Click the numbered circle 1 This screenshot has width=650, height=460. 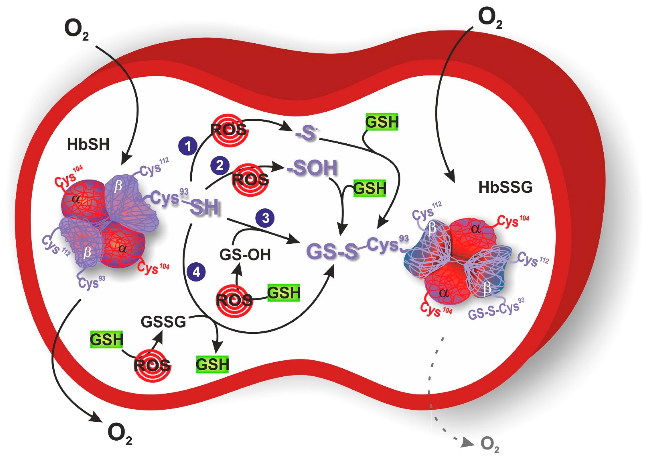point(187,146)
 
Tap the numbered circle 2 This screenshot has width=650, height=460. point(220,166)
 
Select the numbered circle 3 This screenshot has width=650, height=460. point(265,218)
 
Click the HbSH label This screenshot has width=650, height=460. point(88,145)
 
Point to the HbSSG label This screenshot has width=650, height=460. point(505,188)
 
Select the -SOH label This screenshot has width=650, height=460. point(312,168)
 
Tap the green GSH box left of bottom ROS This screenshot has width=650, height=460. point(107,339)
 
